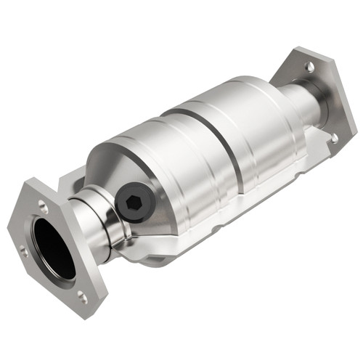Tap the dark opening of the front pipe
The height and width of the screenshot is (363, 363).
[54, 247]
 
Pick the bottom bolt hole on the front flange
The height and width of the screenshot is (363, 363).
[82, 297]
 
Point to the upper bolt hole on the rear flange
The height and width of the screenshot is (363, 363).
[310, 68]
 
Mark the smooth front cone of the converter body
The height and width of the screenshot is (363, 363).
[116, 167]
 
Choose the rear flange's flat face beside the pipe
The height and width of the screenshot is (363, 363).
[327, 94]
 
